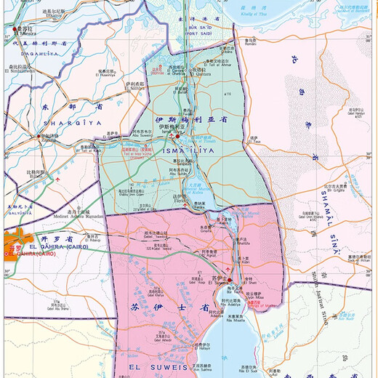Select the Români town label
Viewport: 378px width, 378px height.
click(x=251, y=45)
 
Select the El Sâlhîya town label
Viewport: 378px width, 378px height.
click(x=134, y=88)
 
